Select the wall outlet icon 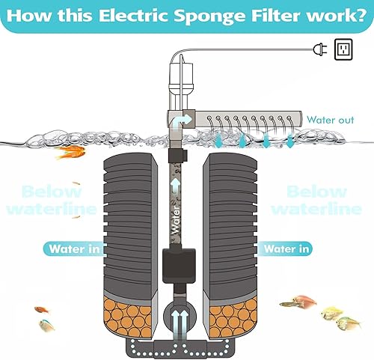[343, 49]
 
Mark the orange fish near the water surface [71, 152]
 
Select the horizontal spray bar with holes [254, 118]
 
